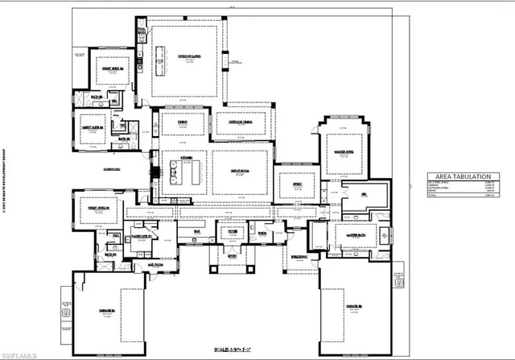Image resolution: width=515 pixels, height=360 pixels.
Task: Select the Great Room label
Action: [240, 170]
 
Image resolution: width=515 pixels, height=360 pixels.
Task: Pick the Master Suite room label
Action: [346, 147]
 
